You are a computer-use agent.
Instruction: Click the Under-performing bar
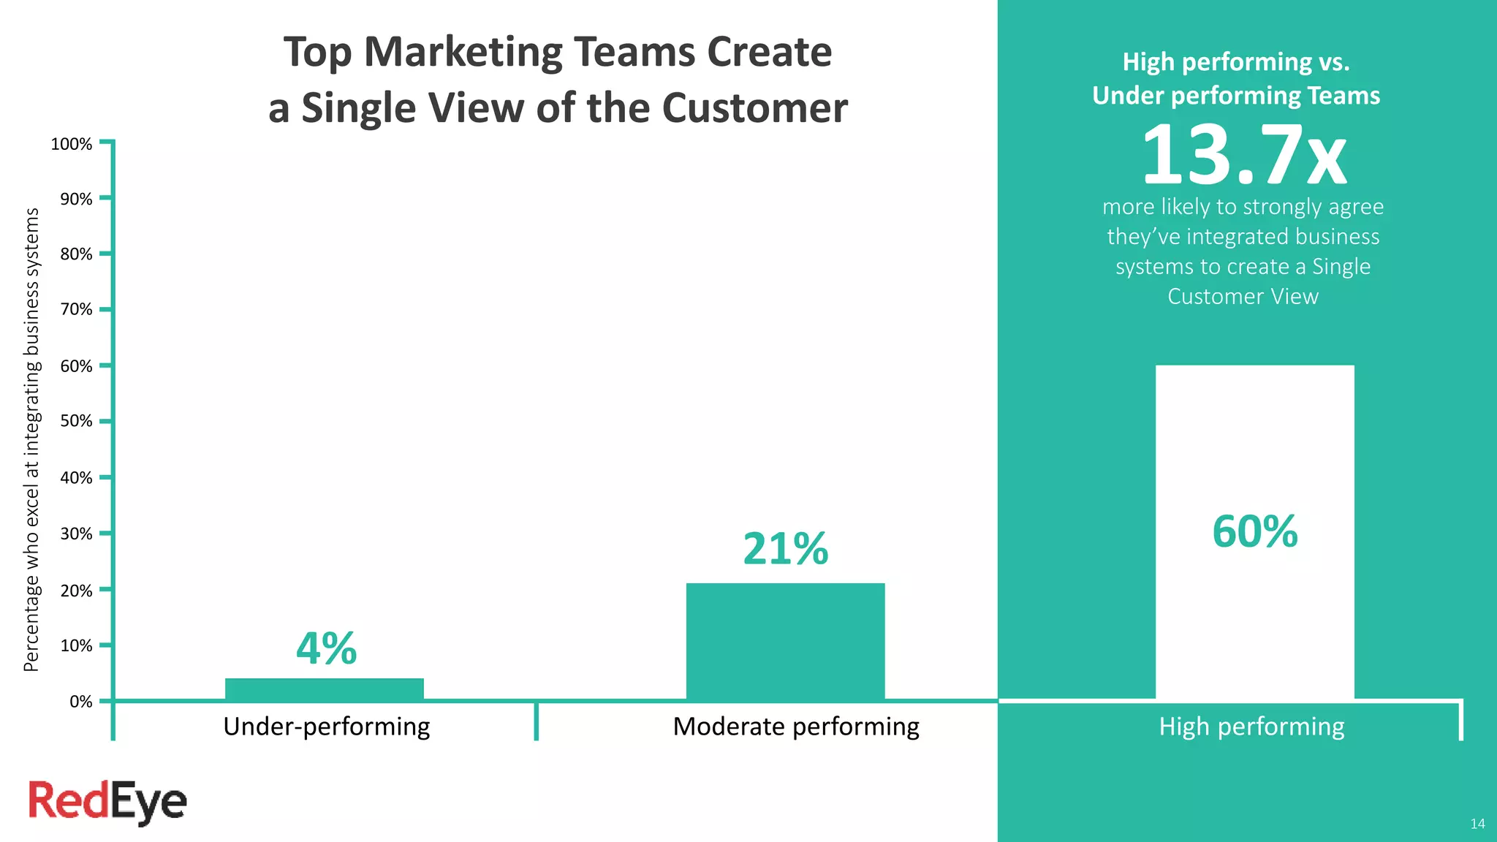pos(324,689)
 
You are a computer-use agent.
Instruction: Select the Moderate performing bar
pos(785,641)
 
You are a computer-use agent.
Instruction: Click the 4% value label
pos(326,648)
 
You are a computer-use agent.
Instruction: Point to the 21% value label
pos(786,549)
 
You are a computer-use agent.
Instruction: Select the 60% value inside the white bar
pos(1254,531)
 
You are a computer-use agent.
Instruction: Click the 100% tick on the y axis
pos(72,144)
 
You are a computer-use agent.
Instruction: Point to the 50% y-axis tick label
pos(76,421)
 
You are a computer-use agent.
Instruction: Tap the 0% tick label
pos(80,702)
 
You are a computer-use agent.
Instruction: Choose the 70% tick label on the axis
pos(76,309)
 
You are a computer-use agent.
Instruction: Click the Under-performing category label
pos(326,727)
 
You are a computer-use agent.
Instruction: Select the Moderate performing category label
pos(796,727)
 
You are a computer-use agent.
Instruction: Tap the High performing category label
pos(1251,727)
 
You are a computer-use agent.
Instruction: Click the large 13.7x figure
pos(1243,156)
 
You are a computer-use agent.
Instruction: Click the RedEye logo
pos(107,802)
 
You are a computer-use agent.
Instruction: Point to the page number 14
pos(1477,824)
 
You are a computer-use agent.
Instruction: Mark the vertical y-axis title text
pos(31,439)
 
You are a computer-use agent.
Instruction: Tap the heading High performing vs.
pos(1236,62)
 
